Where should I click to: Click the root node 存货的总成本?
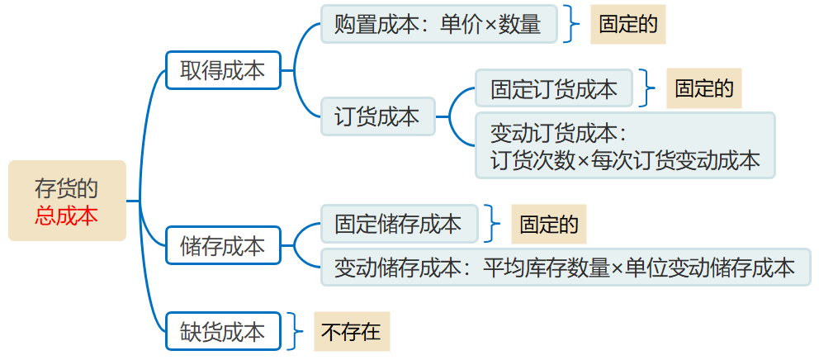coord(67,201)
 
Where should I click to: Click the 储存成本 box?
coord(223,245)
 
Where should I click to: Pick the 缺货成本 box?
coord(223,332)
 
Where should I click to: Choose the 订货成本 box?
coord(377,116)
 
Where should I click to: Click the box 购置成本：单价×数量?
coord(438,25)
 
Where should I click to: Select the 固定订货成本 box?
coord(554,89)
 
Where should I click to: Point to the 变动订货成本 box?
coord(625,146)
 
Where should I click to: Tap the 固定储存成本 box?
coord(399,224)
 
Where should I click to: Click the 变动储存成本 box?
coord(565,267)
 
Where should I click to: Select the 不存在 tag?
coord(351,332)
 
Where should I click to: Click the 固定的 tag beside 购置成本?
coord(627,25)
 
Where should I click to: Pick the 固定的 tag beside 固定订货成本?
coord(703,89)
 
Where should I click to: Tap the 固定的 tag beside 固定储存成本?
coord(548,224)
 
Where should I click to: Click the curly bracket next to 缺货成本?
coord(297,332)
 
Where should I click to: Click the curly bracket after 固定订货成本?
coord(650,89)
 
